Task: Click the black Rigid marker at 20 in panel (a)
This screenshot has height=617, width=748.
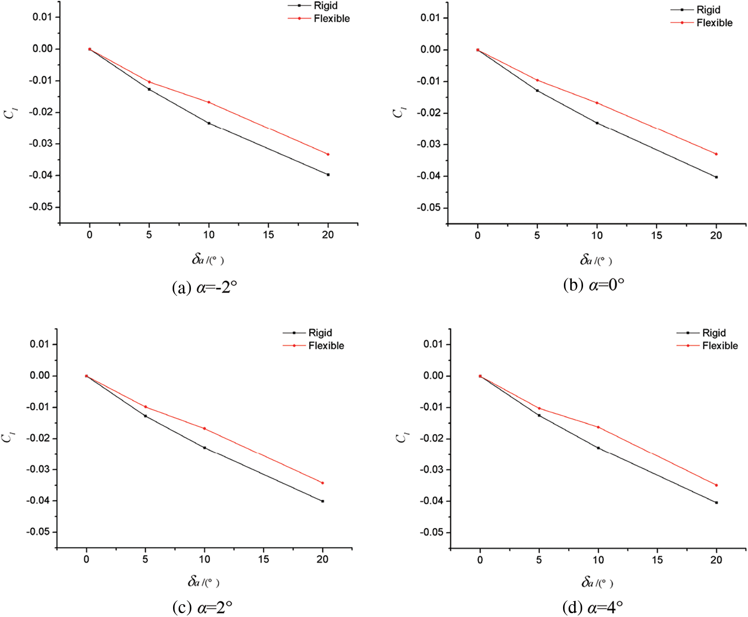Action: point(328,175)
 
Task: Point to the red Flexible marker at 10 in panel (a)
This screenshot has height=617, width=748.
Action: point(209,102)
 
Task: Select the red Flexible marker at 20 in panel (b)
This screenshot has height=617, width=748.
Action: point(716,154)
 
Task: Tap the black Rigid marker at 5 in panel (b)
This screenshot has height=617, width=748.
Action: point(537,91)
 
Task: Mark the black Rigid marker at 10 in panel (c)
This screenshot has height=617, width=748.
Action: point(205,448)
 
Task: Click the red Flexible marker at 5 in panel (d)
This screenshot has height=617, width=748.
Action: point(539,409)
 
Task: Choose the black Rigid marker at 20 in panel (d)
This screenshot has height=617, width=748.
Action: point(716,503)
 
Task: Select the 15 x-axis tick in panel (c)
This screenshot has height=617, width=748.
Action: point(263,559)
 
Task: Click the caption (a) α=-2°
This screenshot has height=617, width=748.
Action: point(204,288)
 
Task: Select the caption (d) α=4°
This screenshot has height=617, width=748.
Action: point(593,607)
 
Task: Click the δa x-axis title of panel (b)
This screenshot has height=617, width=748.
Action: point(595,260)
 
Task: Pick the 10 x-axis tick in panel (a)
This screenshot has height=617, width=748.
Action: point(209,235)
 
